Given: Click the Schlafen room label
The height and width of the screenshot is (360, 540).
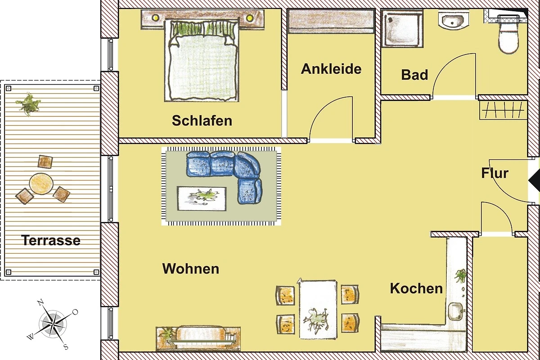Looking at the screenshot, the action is point(202,120).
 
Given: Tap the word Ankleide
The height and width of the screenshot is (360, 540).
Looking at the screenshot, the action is point(331,69).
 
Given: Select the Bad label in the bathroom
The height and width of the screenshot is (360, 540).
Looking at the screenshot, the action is point(414,75).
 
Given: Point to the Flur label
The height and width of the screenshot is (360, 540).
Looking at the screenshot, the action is point(495,173).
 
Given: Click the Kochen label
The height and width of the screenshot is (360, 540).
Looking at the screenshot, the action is point(416,288).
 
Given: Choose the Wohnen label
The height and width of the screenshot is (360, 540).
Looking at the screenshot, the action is point(191,269).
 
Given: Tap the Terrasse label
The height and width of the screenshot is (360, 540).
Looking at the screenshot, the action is point(51,240).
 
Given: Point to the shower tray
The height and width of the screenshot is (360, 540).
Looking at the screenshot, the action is point(402,28).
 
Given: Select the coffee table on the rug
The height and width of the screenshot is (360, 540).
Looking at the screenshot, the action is point(202,198).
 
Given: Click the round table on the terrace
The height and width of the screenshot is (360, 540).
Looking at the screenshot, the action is point(41,184).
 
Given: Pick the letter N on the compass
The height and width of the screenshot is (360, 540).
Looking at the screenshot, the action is point(40,302).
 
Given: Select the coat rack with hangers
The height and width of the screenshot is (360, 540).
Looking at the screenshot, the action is point(503,110).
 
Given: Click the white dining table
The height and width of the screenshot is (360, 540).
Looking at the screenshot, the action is point(318,309).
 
